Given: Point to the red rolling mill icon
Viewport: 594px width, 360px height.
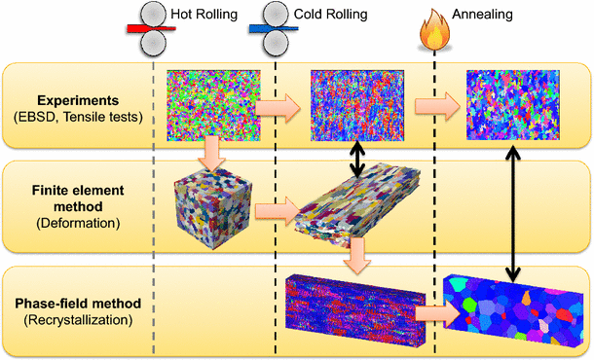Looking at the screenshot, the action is point(153,26).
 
